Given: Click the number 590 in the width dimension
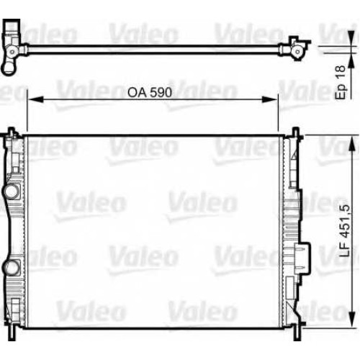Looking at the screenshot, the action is pos(161,92).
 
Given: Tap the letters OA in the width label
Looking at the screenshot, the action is pos(137,92).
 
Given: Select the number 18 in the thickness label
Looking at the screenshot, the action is pos(341,71).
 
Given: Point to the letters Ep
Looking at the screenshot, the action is pos(341,91).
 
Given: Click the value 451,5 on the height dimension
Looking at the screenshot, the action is pos(345,220).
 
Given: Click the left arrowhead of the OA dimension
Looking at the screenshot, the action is pos(35,99).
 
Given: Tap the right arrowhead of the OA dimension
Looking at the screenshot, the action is pos(270,99).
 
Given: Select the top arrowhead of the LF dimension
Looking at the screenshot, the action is pos(351,144).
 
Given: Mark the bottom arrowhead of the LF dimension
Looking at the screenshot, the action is pos(351,319).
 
